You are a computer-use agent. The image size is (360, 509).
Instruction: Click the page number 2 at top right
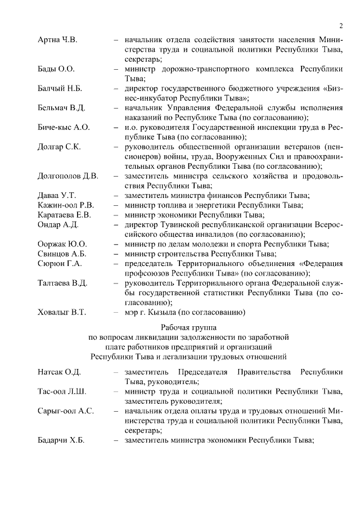pos(341,26)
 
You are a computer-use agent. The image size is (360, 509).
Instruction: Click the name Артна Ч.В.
pos(57,40)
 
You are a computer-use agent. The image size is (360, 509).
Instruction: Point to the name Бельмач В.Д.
pos(61,108)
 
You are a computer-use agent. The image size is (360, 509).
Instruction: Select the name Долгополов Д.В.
pos(67,176)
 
